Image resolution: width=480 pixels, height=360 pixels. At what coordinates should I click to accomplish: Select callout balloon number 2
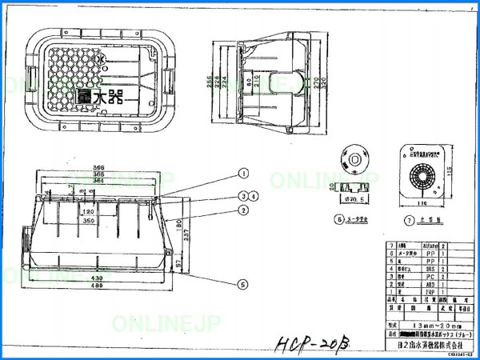pyautogui.click(x=242, y=210)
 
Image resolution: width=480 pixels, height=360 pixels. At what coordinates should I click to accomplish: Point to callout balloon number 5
pyautogui.click(x=242, y=282)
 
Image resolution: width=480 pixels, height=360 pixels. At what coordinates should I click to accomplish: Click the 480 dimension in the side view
pyautogui.click(x=97, y=286)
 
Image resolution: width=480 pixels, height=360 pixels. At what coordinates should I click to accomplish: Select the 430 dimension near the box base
pyautogui.click(x=97, y=278)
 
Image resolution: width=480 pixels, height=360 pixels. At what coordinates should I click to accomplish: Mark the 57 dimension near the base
pyautogui.click(x=178, y=260)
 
